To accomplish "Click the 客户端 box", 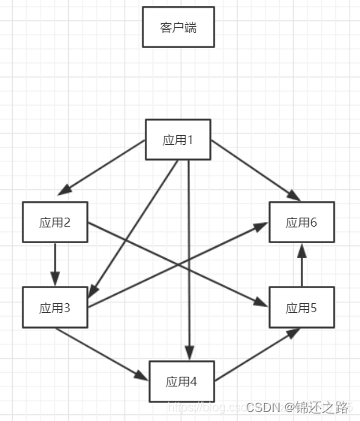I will (178, 27).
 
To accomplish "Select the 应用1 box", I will (178, 140).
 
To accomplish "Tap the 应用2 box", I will (55, 222).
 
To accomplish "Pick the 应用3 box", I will (55, 308).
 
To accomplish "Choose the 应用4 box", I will (181, 381).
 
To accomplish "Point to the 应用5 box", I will (302, 308).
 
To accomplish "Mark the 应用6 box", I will (302, 222).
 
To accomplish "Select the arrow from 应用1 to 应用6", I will (255, 170).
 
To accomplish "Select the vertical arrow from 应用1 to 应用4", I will (189, 255).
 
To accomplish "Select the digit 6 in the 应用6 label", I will (314, 222).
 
